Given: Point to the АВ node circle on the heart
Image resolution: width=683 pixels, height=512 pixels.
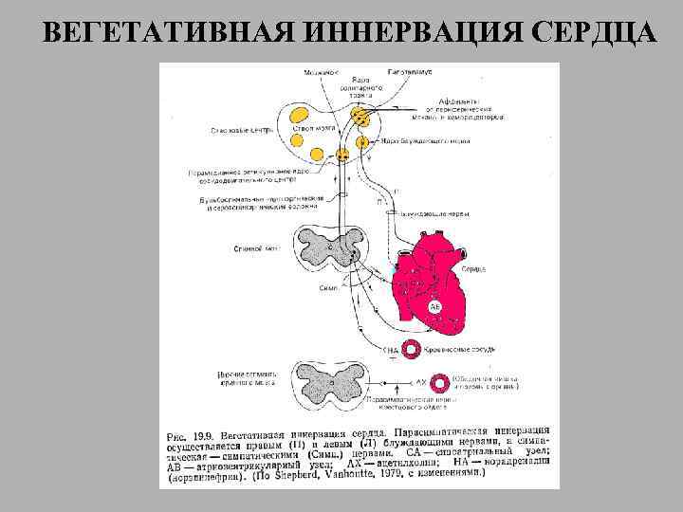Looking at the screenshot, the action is (x=434, y=306).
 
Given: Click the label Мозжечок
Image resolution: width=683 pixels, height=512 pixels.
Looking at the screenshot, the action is (x=322, y=72).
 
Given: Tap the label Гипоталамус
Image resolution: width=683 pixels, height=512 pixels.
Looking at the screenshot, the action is (x=410, y=72).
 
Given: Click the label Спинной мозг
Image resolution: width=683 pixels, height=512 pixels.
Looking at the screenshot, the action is (x=256, y=249).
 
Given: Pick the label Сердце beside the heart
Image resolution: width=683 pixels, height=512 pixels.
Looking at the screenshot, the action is (x=473, y=269).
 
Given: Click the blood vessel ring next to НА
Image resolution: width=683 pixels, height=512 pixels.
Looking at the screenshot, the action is (x=411, y=349).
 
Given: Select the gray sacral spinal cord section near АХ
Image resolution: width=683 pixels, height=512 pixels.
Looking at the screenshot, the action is (x=331, y=380).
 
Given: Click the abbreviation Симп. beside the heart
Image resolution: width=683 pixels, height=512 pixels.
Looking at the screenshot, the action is (x=328, y=284).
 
